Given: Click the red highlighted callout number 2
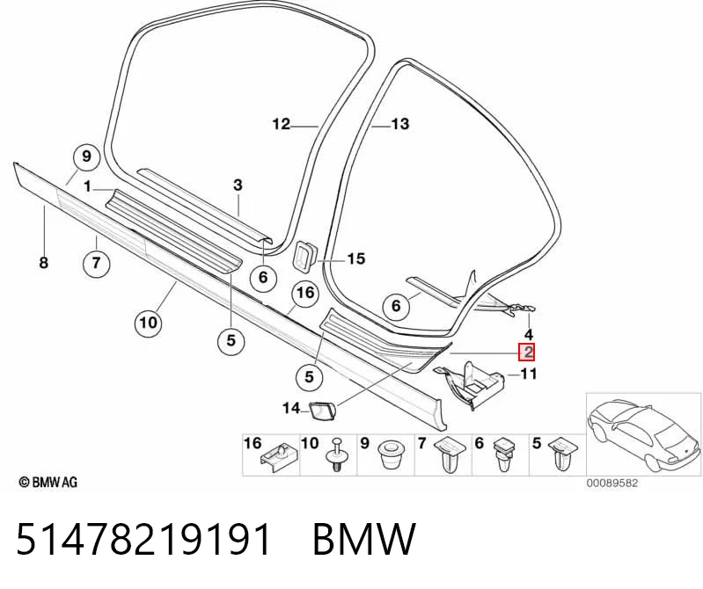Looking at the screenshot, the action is point(526,352).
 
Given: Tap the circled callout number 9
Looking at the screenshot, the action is point(86,157).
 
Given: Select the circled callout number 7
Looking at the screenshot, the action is point(97,263).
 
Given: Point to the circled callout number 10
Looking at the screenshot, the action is point(149,323).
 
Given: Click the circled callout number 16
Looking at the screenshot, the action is point(305,294).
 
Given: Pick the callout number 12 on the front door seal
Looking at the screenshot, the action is point(282,124).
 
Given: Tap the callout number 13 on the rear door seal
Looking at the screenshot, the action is point(400,124).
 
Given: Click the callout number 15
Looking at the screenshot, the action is point(356,258).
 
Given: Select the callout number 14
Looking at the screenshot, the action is point(291,408).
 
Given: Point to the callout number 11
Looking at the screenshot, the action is point(528,374).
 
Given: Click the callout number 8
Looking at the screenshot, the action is point(43,263).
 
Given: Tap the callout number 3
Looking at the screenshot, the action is point(238,185).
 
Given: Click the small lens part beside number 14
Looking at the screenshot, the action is point(323,409).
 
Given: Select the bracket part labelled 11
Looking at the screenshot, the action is point(468,384).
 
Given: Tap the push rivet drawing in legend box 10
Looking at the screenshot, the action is point(336,454).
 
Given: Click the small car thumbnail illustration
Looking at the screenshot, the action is point(643,434).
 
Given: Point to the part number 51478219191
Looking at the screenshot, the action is point(143,539).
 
